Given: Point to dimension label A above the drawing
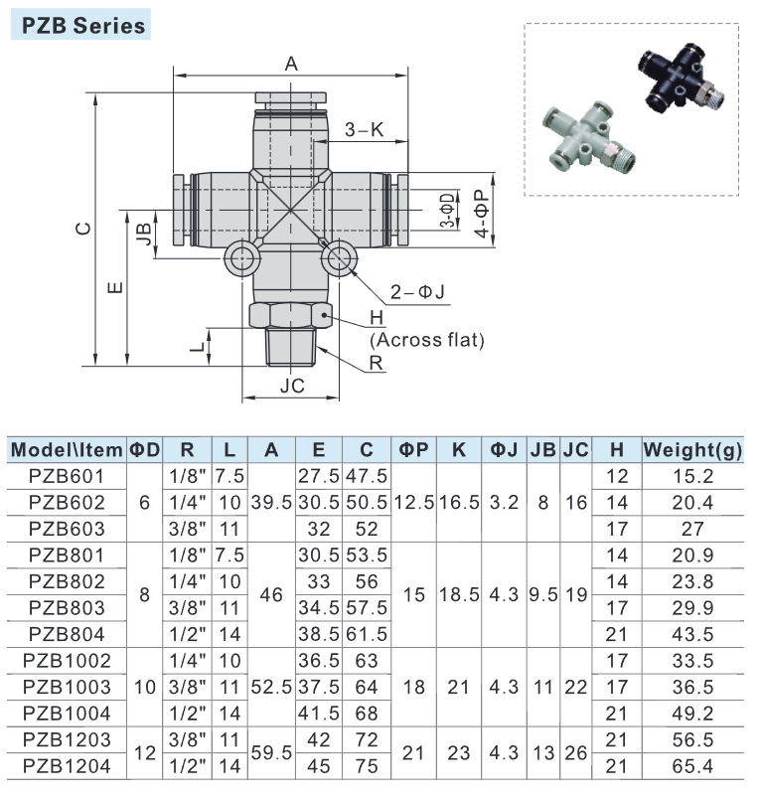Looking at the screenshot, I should [291, 65].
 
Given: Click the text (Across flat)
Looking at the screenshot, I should [427, 340].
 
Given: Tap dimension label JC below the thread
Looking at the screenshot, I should [291, 386].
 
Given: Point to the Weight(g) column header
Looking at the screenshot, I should [693, 449].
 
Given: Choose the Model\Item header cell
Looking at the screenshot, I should [67, 449].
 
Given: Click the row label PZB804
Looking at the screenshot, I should [67, 633].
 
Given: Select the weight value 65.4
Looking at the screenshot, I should [693, 764].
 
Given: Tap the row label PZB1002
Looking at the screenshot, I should [67, 659].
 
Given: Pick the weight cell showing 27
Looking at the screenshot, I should [693, 528].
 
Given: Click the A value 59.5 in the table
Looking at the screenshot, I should [271, 751].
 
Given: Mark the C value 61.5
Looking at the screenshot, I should [368, 633].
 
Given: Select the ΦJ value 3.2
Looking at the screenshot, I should [506, 502].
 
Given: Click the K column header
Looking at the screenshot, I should [458, 449].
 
